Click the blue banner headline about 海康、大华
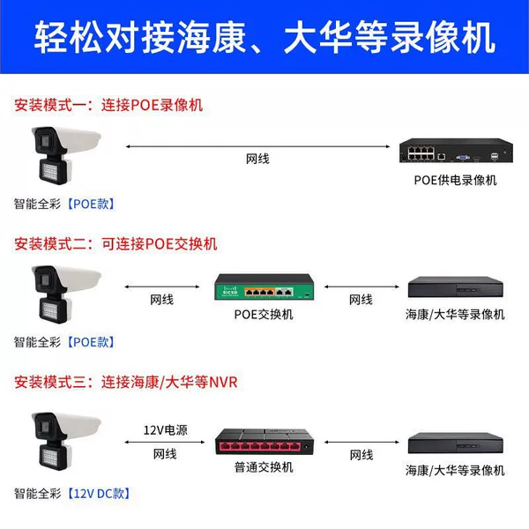(x=264, y=37)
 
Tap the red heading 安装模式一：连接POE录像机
(x=108, y=105)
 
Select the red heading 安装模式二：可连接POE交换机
(x=115, y=244)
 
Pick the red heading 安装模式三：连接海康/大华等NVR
(x=126, y=383)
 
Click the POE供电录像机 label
(x=455, y=180)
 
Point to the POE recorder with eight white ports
(x=456, y=151)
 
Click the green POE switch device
(x=264, y=287)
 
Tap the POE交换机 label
(x=264, y=315)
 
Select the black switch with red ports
(x=264, y=442)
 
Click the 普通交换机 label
(x=264, y=467)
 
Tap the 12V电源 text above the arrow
(x=166, y=430)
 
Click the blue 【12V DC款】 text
(x=99, y=494)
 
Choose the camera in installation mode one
(x=66, y=155)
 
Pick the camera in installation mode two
(x=66, y=294)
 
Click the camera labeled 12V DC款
(x=66, y=442)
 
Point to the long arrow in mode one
(x=257, y=146)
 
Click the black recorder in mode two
(x=456, y=287)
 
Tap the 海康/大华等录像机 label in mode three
(x=455, y=470)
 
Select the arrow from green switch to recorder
(x=361, y=287)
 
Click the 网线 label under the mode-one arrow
(x=257, y=159)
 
